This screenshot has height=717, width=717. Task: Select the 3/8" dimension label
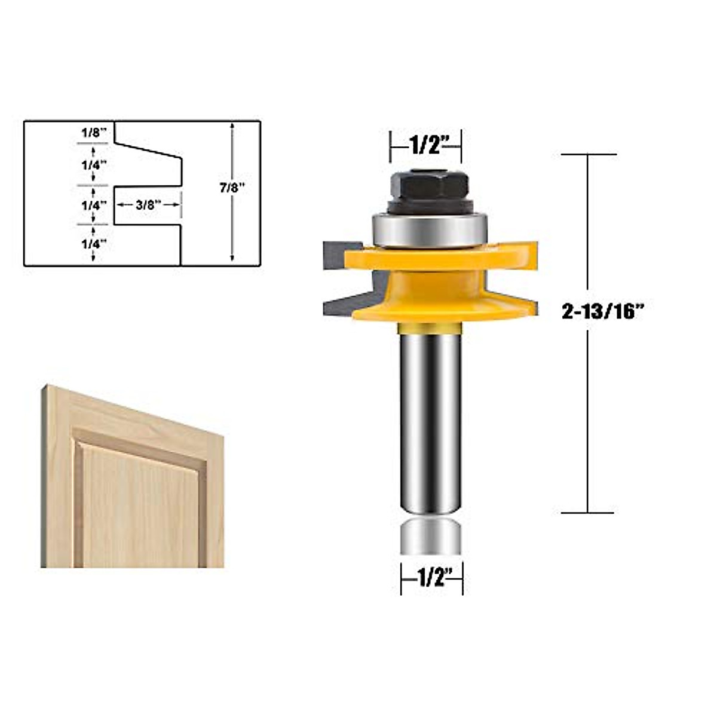[x=148, y=204]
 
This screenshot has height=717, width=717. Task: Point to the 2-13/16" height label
[x=604, y=312]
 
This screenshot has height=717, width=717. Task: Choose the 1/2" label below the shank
[x=432, y=578]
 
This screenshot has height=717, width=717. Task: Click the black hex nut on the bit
[x=425, y=185]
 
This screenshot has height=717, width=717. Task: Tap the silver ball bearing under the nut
[x=428, y=229]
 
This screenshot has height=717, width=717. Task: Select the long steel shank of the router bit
[x=430, y=418]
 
